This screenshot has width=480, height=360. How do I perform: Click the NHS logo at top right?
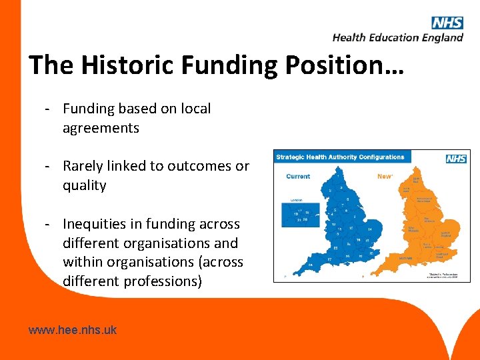pyautogui.click(x=447, y=23)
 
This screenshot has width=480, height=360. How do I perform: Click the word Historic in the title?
pyautogui.click(x=126, y=65)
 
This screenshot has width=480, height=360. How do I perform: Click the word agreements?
pyautogui.click(x=101, y=128)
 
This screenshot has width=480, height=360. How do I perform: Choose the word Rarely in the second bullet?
pyautogui.click(x=84, y=166)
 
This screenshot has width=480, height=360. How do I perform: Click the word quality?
pyautogui.click(x=85, y=185)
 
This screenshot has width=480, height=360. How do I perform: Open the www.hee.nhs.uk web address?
pyautogui.click(x=73, y=329)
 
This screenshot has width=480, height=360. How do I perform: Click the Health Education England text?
pyautogui.click(x=397, y=38)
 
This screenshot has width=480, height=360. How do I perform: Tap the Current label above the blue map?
pyautogui.click(x=297, y=176)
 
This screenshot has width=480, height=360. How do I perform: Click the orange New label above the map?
pyautogui.click(x=385, y=176)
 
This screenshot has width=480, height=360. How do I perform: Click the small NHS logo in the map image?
pyautogui.click(x=456, y=159)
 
